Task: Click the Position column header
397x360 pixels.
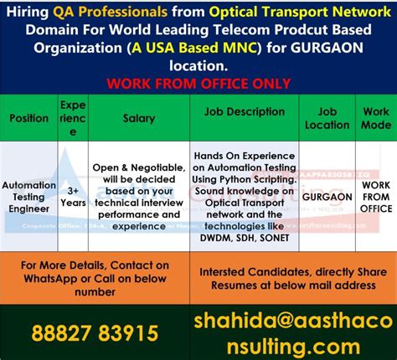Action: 28,118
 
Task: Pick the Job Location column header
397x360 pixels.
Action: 327,118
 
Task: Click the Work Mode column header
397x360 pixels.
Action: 375,118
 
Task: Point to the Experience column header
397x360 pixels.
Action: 72,118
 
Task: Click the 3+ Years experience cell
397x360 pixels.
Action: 72,196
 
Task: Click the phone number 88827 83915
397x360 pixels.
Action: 95,333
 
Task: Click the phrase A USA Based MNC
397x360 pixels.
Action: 195,48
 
